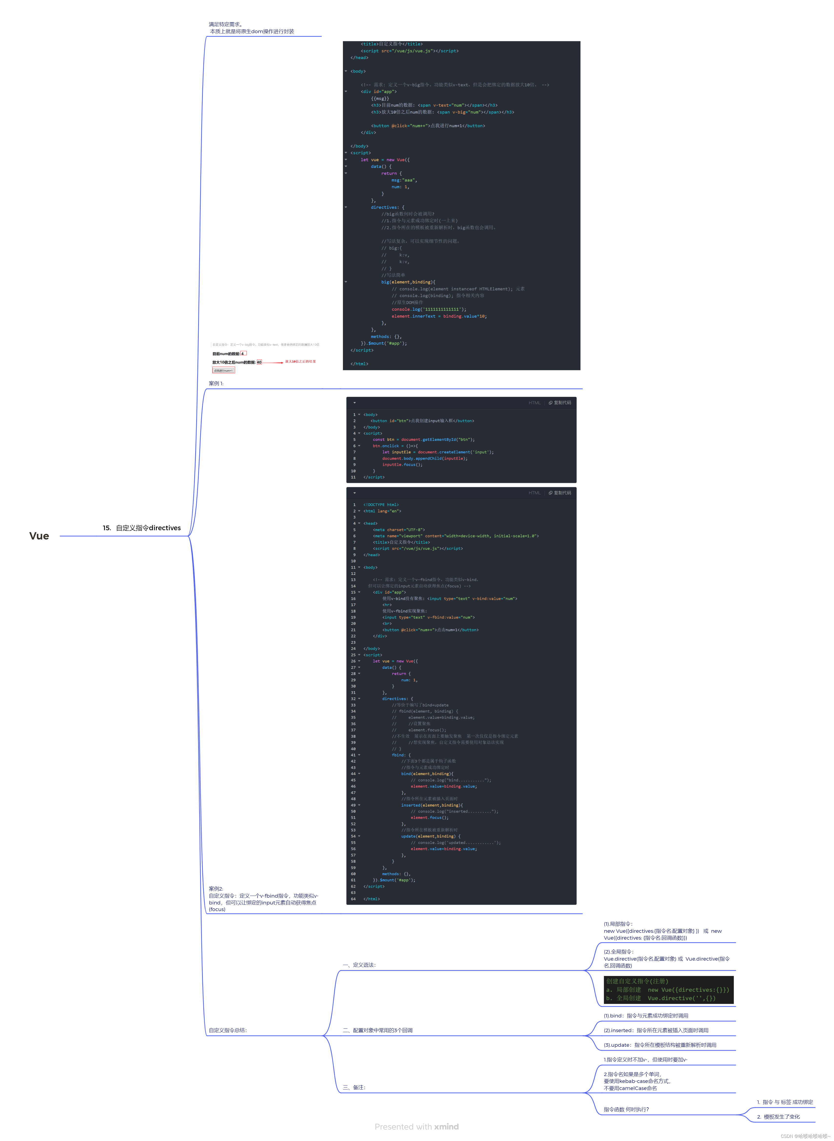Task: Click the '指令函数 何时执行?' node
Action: [x=626, y=1109]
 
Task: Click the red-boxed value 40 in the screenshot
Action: [x=259, y=362]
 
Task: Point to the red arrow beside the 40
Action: [x=273, y=363]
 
